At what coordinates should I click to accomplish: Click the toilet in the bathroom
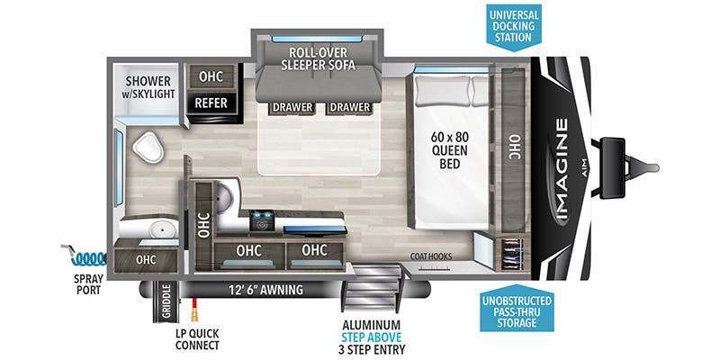pyautogui.click(x=148, y=147)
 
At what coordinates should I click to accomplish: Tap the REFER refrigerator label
pyautogui.click(x=211, y=103)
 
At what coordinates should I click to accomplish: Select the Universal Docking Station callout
pyautogui.click(x=514, y=26)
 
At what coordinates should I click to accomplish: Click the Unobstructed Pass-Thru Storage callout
pyautogui.click(x=517, y=311)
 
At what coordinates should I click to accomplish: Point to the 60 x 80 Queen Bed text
pyautogui.click(x=449, y=150)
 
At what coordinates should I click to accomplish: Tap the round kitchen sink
pyautogui.click(x=226, y=196)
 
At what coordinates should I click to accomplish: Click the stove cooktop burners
pyautogui.click(x=261, y=220)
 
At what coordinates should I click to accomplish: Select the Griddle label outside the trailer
pyautogui.click(x=166, y=301)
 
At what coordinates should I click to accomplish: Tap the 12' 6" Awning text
pyautogui.click(x=265, y=290)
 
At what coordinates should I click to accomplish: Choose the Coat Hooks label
pyautogui.click(x=431, y=256)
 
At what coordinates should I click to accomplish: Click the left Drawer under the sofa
pyautogui.click(x=292, y=107)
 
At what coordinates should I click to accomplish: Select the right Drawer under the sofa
pyautogui.click(x=348, y=107)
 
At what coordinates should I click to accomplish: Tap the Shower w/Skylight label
pyautogui.click(x=148, y=87)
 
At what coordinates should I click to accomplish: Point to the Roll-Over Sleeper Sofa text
pyautogui.click(x=319, y=58)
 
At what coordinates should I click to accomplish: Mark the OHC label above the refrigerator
pyautogui.click(x=211, y=76)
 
